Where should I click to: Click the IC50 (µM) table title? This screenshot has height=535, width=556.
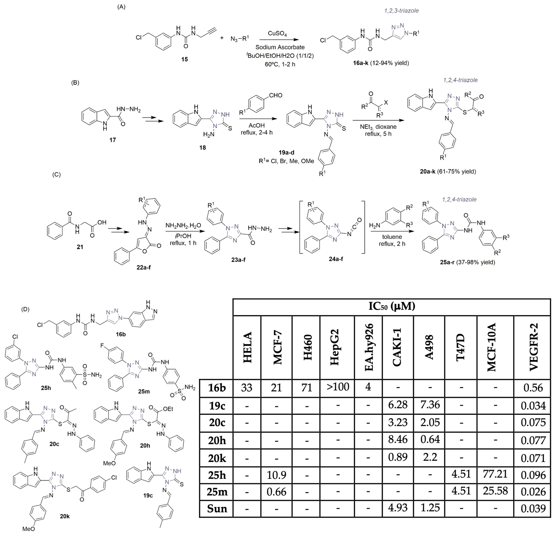[x=391, y=307]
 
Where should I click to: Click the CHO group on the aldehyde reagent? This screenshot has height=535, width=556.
[x=276, y=95]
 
